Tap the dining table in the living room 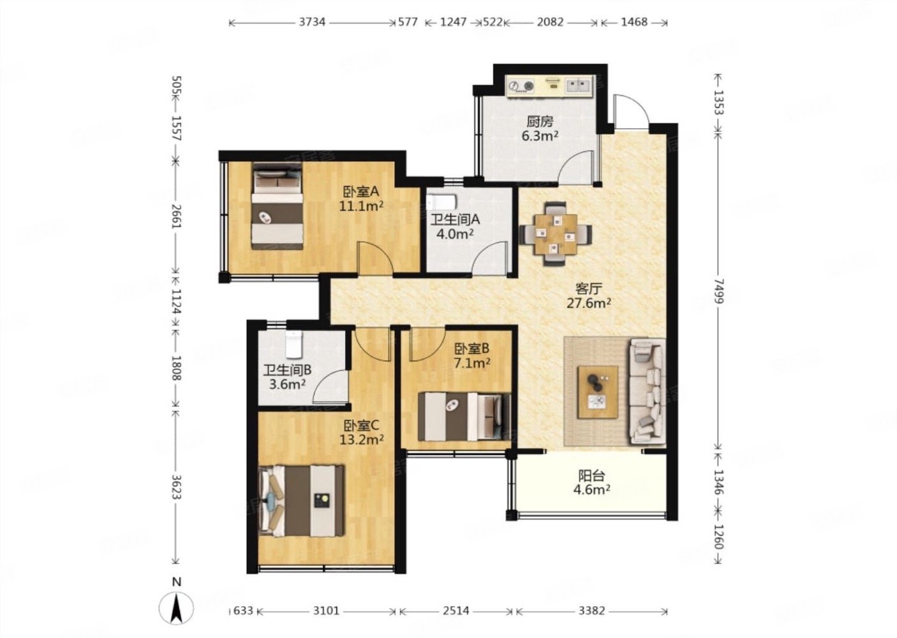click(556, 234)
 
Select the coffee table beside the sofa click(597, 392)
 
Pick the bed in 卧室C click(302, 501)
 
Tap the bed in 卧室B click(464, 417)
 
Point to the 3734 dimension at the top click(312, 22)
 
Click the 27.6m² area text click(589, 303)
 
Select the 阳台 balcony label click(591, 475)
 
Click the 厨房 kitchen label click(540, 121)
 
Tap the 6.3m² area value click(540, 136)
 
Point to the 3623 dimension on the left click(177, 487)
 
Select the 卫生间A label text click(455, 219)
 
